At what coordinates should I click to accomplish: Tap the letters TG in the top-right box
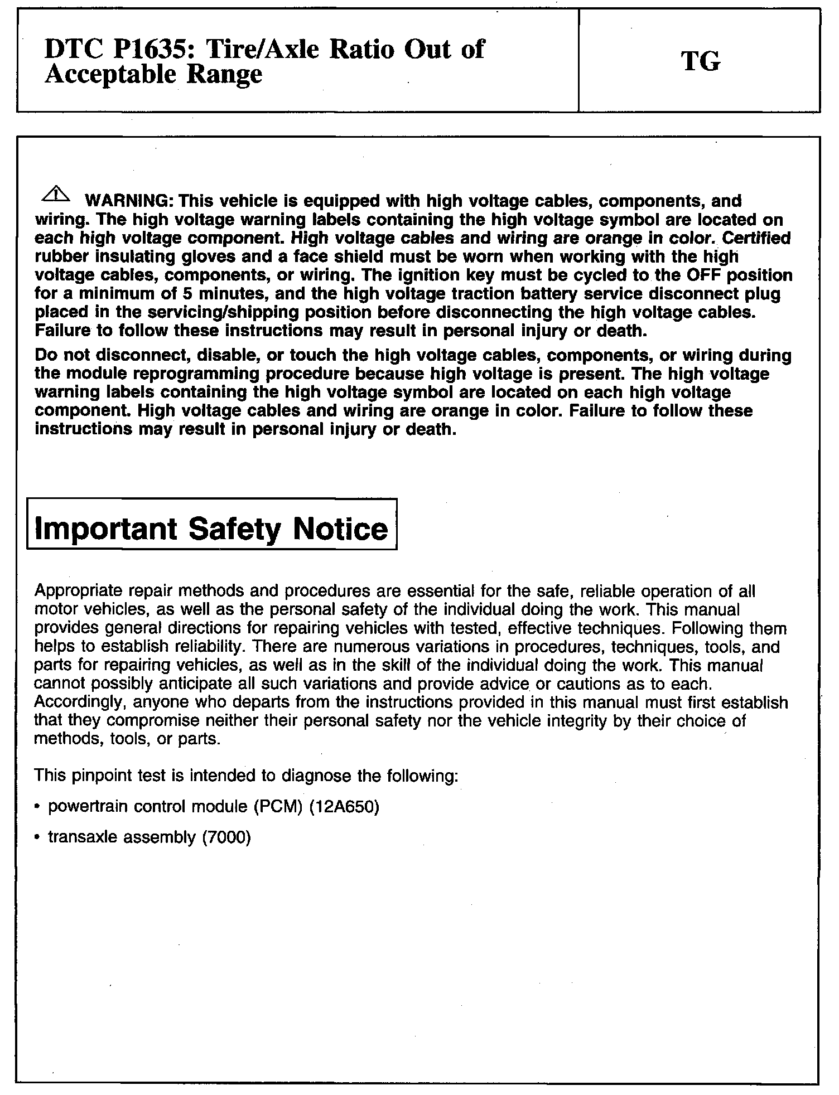(701, 62)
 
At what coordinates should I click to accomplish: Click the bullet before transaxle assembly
(37, 837)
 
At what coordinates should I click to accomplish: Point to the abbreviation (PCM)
(275, 807)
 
